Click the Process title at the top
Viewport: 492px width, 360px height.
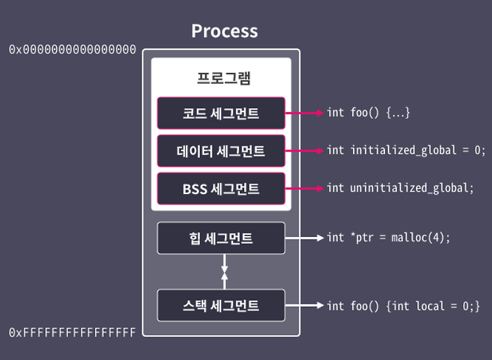point(224,31)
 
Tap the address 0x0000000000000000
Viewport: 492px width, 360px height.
point(72,50)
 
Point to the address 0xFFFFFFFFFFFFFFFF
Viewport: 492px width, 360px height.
point(72,332)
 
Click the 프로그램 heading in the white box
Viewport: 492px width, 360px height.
point(224,78)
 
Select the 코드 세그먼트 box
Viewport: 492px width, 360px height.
point(221,113)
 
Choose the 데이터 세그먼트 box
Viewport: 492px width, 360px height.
point(221,151)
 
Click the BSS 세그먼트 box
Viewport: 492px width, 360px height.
point(221,189)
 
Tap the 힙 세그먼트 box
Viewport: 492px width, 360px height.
point(221,238)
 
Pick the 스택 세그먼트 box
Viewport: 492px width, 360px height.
point(221,306)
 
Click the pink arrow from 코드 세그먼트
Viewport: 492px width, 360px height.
point(304,113)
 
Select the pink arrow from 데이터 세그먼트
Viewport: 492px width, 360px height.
point(304,151)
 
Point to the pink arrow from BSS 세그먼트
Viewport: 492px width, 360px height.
point(304,188)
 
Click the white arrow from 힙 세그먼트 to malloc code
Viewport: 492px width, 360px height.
point(304,238)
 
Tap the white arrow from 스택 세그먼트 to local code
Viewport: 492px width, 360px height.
point(304,306)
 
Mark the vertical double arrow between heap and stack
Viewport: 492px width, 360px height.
point(224,271)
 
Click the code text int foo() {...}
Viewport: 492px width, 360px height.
point(369,113)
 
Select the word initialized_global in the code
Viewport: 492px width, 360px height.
point(403,150)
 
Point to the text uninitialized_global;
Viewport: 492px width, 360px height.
point(412,188)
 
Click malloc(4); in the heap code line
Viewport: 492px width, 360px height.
point(420,237)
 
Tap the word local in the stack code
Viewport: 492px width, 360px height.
point(430,306)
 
